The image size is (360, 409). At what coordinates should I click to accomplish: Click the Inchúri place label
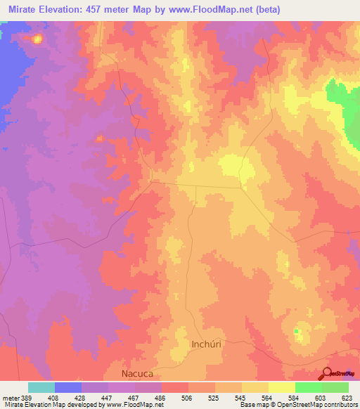tap(208, 344)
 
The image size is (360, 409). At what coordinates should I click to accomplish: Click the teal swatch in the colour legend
tap(41, 387)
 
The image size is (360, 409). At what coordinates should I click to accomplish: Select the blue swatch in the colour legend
tap(68, 387)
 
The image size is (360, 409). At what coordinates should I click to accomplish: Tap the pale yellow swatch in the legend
tap(282, 387)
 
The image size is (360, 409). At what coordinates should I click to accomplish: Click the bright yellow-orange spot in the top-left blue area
tap(37, 39)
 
